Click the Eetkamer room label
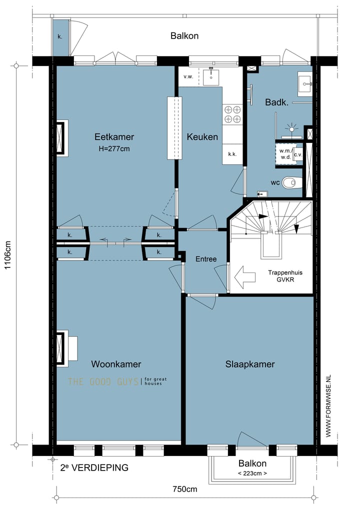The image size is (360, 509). pos(114,136)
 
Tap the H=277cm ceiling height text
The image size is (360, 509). pos(114,148)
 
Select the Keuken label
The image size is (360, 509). pos(202,136)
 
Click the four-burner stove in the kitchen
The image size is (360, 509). pos(232,114)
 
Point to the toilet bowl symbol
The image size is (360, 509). pos(291,182)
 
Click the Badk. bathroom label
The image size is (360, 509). pos(276,102)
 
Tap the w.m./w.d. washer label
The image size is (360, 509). pos(285,154)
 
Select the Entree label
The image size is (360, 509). pos(206,259)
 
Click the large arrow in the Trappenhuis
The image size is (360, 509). pos(245,277)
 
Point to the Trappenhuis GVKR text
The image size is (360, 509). pos(285,276)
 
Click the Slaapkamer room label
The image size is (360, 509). pos(250,364)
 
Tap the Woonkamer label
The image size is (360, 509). pos(116,364)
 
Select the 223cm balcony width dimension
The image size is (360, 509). pos(252,473)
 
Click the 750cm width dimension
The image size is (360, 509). pos(184,489)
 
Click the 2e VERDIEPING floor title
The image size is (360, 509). pos(94,467)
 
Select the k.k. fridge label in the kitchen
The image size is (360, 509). pos(232,154)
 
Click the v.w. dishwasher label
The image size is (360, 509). pos(188,76)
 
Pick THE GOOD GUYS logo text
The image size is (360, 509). pos(103,381)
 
